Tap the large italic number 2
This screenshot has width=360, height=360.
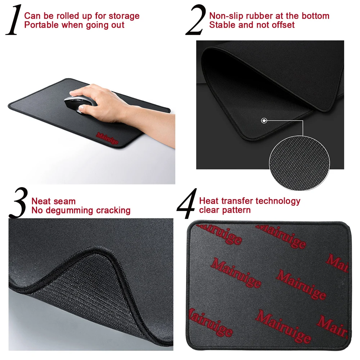195,20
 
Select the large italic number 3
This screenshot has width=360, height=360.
18,203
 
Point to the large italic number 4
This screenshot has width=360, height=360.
187,203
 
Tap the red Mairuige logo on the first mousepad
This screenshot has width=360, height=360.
107,138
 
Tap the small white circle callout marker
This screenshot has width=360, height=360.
264,121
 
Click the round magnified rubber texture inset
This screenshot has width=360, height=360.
300,163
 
